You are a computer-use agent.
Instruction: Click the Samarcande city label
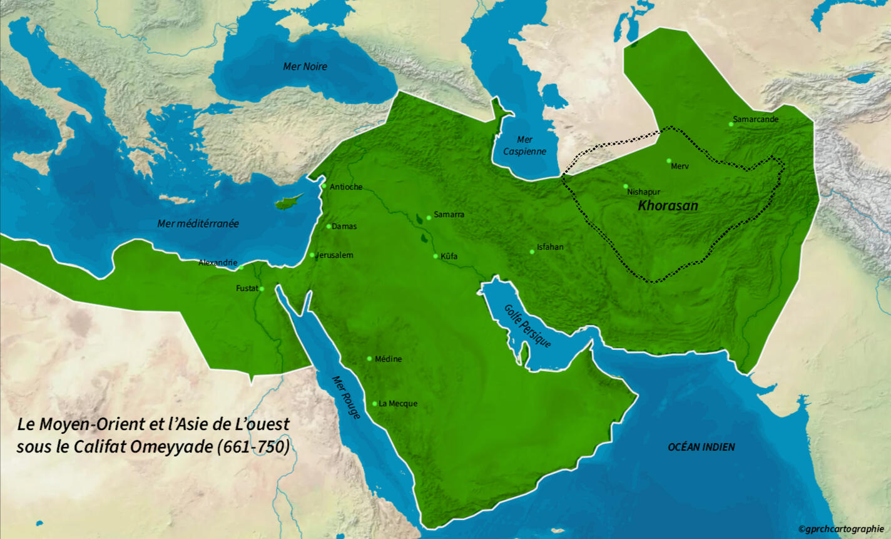756,120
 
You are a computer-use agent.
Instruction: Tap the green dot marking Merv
669,161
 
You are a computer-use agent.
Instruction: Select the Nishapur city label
643,192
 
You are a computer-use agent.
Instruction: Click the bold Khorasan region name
668,206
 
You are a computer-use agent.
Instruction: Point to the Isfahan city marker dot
532,252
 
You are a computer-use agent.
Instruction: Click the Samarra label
449,215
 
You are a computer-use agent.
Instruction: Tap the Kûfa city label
449,257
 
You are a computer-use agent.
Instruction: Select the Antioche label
346,187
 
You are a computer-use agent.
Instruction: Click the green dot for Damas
329,226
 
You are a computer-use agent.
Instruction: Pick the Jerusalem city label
335,255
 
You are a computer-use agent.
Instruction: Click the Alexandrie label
218,263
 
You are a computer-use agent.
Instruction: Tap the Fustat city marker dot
262,289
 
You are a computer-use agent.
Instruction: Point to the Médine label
388,359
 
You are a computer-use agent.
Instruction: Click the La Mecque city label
398,404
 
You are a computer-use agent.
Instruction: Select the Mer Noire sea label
305,67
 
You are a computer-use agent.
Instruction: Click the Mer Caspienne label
524,146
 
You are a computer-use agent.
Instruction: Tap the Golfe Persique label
527,326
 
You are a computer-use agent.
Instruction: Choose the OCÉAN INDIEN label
701,447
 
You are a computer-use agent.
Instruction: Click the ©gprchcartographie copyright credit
841,529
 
